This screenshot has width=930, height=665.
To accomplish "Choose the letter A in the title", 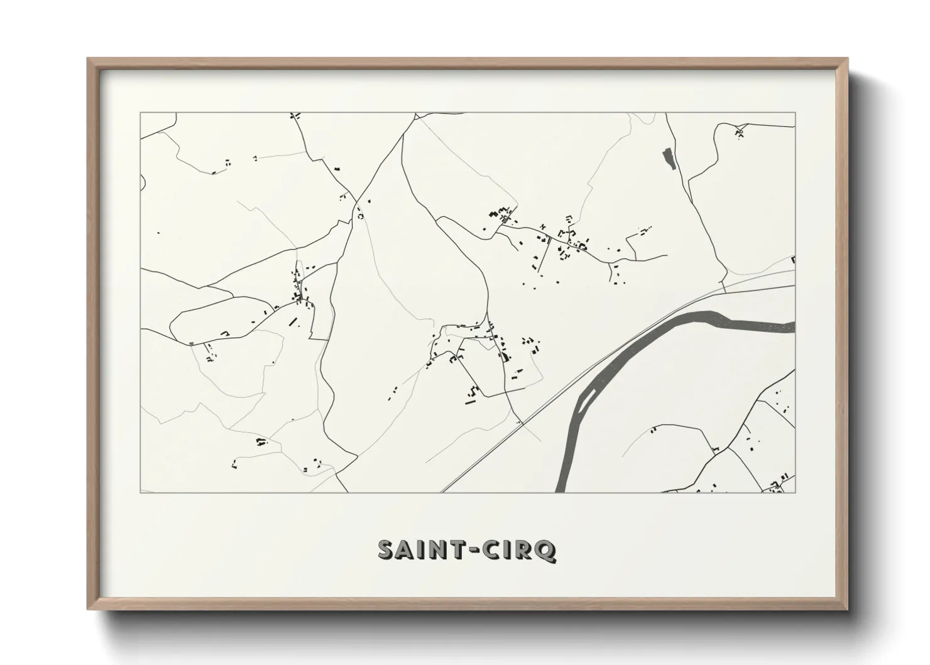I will [407, 550].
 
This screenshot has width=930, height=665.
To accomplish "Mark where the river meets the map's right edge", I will [794, 327].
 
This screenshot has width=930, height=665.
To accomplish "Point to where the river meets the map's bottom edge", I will [562, 492].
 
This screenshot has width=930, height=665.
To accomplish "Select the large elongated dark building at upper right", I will [667, 158].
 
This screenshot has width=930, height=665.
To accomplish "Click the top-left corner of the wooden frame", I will [88, 58].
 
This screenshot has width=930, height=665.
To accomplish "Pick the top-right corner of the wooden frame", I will [847, 58].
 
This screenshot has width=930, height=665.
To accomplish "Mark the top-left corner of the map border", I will [140, 113].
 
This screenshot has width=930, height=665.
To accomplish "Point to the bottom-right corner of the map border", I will [795, 492].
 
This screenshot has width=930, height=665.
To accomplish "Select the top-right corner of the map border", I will [795, 113].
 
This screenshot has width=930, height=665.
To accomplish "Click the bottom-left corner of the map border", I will [140, 492].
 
